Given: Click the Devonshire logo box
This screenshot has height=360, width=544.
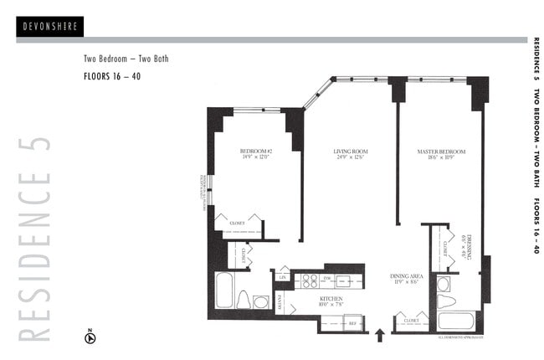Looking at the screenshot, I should coord(49,26).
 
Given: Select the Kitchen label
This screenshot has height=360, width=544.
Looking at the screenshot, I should coord(331,300).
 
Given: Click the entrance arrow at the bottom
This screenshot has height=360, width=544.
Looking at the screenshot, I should coord(379,336).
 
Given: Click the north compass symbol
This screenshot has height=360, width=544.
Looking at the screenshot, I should coord(91,338).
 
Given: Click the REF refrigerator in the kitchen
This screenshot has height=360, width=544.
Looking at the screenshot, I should coord(353,322).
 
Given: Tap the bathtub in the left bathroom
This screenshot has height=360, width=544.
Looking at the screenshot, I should coord(224,291).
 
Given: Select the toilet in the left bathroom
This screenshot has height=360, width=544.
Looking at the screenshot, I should coord(243,299).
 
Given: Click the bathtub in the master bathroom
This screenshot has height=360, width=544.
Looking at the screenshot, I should coord(456,321).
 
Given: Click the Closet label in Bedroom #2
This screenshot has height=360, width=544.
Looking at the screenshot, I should coord(239,224).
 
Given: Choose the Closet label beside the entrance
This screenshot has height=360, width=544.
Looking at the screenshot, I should coord(411,321).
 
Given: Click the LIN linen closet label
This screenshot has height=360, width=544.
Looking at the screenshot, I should coord(284,275).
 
